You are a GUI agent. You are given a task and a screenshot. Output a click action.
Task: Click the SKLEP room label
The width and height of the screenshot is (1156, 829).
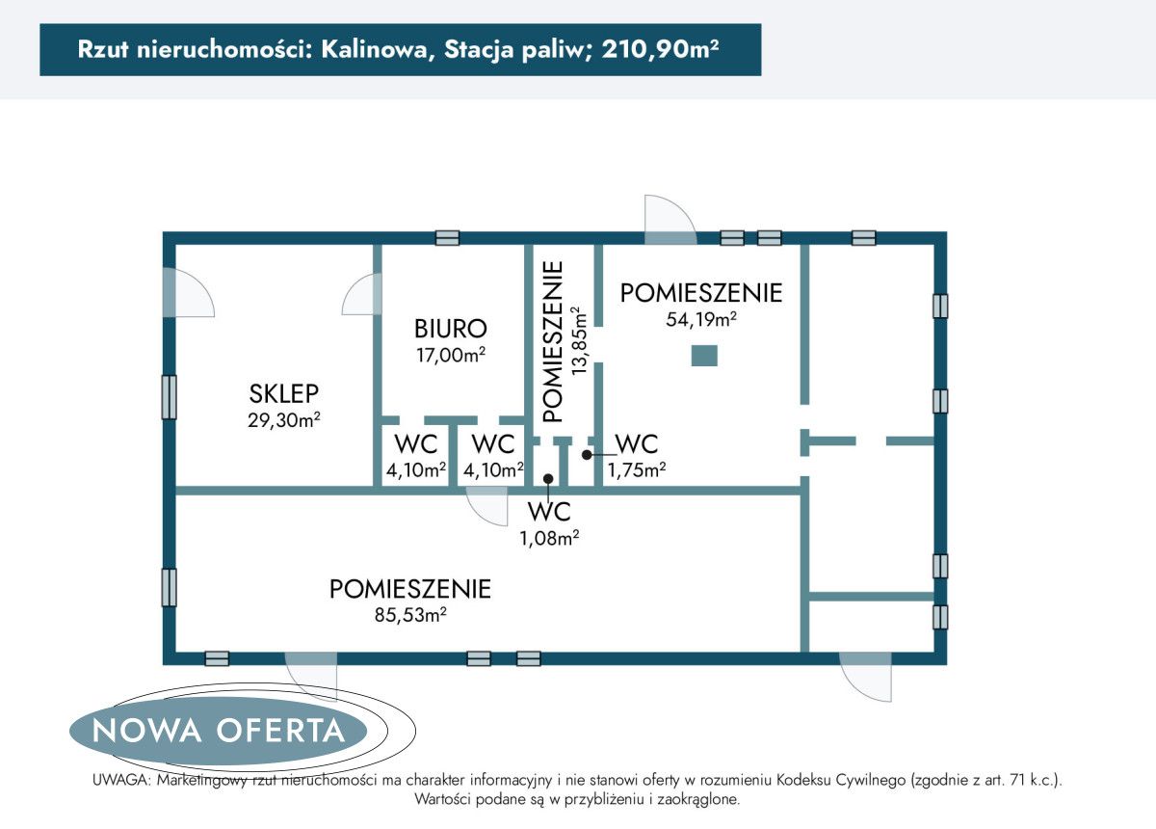pos(284,393)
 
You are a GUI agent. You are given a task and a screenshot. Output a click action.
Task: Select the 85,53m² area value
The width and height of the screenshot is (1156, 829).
pos(410,614)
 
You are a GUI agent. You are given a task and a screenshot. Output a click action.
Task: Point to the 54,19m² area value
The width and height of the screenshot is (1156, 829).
pos(701,320)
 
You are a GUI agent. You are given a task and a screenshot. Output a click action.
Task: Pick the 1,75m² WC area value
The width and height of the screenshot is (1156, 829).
pos(637,469)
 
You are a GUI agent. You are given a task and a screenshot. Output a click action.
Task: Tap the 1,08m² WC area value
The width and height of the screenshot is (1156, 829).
pos(548,538)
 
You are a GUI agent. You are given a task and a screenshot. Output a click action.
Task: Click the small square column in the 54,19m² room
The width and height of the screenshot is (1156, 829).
pos(705,355)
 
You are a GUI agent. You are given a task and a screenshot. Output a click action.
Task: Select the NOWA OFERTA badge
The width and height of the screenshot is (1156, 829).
pos(220,730)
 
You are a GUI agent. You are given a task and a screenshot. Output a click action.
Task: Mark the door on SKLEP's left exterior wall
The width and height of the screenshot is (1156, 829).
pos(190,293)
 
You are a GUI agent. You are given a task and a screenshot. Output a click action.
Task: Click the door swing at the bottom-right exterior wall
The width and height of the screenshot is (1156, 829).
pos(866,678)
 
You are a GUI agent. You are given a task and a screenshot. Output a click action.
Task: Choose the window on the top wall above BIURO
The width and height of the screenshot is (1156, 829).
pos(447,237)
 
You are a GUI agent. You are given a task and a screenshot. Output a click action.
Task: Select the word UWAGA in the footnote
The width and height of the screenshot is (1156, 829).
pos(121,780)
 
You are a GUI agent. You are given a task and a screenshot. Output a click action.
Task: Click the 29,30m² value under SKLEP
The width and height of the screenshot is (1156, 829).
pos(284,420)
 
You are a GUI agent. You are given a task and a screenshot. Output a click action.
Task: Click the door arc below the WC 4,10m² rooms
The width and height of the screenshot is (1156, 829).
pos(487,506)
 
